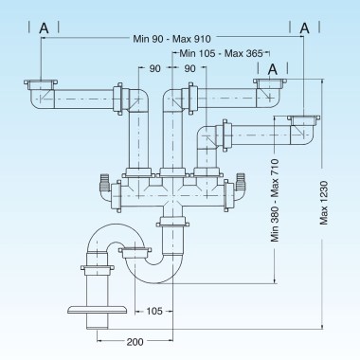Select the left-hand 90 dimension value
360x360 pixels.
point(153,68)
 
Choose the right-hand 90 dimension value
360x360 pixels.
point(189,68)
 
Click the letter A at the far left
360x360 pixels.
point(45,29)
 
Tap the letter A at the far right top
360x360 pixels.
point(305,29)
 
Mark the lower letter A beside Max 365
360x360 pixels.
point(273,68)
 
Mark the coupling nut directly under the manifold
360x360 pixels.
point(171,223)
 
